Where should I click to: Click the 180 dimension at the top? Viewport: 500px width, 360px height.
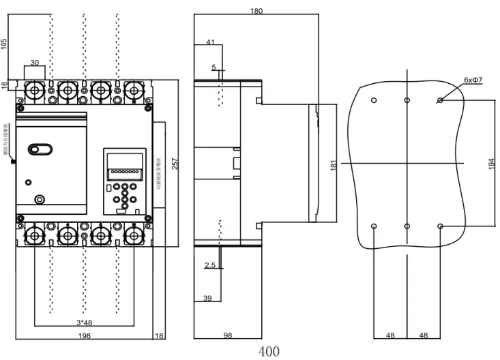(x=256, y=11)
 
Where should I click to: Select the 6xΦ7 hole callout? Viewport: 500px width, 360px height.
(x=473, y=80)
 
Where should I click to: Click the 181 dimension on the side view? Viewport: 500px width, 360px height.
(x=333, y=165)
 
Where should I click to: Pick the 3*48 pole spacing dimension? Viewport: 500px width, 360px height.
(x=85, y=322)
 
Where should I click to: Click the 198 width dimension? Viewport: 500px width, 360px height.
(x=84, y=335)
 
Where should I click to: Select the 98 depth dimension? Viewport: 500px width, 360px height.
(x=229, y=335)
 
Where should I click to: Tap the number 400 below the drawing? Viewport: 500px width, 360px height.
(x=269, y=352)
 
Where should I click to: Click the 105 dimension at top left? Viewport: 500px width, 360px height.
(x=4, y=44)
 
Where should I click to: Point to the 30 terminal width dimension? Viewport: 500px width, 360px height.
(x=34, y=63)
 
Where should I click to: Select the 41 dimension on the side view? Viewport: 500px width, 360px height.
(x=210, y=42)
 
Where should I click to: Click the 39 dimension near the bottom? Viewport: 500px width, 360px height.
(x=208, y=298)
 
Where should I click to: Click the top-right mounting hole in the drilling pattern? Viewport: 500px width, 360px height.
(x=440, y=101)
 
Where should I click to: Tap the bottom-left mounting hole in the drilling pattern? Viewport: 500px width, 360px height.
(x=374, y=226)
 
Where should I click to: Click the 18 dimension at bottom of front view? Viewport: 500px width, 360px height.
(x=160, y=335)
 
